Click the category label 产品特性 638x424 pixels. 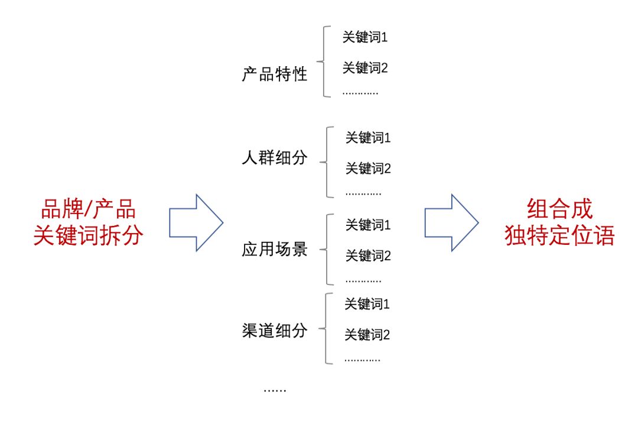click(274, 74)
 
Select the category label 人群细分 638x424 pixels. click(274, 158)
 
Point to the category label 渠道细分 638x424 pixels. click(274, 331)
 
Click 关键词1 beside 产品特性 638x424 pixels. click(364, 37)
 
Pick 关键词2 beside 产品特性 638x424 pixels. click(364, 67)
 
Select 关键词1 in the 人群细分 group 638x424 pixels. click(368, 138)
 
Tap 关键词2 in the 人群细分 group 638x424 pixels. click(368, 168)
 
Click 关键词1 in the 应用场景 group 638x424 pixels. click(368, 225)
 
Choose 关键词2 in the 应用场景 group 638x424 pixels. click(368, 256)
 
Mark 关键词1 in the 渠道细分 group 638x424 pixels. click(367, 304)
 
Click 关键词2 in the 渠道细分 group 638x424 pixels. click(367, 335)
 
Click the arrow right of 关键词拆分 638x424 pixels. click(196, 223)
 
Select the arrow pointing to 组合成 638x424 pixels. click(452, 223)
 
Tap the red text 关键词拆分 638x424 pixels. click(88, 235)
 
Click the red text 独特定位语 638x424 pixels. click(559, 235)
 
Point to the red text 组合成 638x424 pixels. click(559, 209)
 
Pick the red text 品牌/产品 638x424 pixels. click(88, 209)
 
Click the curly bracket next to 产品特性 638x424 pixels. click(324, 62)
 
